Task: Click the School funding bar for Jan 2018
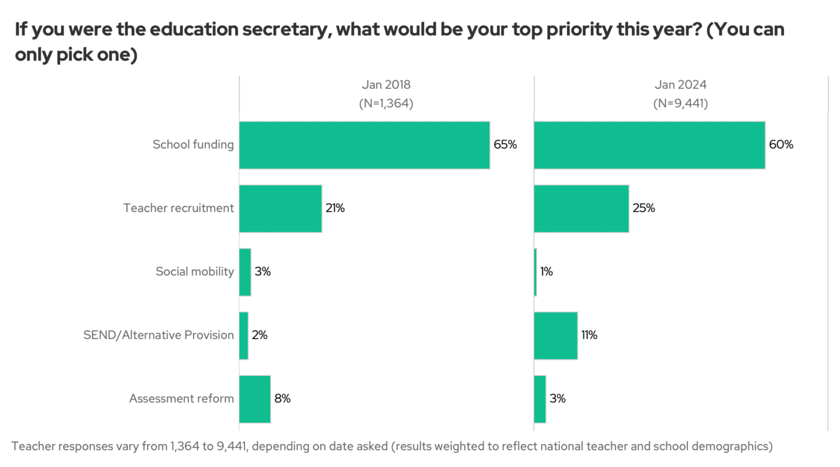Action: point(364,145)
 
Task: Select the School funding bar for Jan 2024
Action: point(649,145)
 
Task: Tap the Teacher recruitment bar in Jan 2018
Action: point(280,208)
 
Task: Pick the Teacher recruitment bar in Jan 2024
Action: point(581,208)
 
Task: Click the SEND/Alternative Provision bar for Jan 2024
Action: point(555,336)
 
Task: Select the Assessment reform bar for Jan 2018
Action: point(254,399)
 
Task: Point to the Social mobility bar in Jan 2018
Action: point(245,272)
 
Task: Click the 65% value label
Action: point(505,145)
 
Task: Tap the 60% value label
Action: point(781,145)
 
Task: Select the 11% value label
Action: point(589,336)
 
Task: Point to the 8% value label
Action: point(282,399)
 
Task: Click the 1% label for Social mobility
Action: point(547,272)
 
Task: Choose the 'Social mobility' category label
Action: point(194,272)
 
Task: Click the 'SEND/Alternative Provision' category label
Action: point(159,336)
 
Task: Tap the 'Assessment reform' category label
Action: point(181,399)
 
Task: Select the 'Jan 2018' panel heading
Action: point(386,85)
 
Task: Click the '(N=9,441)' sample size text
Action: point(680,104)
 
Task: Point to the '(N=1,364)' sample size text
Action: point(386,104)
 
